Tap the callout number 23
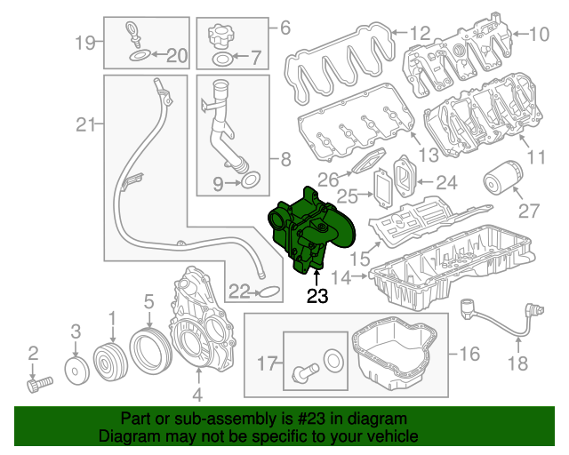pyautogui.click(x=317, y=297)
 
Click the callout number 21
pyautogui.click(x=84, y=126)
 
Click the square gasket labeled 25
pyautogui.click(x=381, y=190)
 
